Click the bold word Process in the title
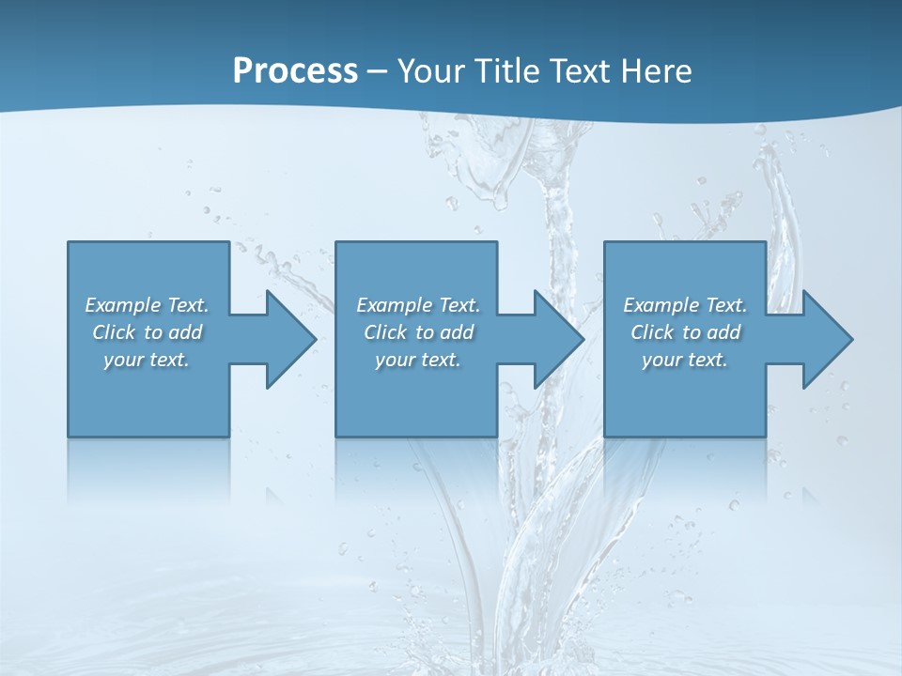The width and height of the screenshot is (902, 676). point(295,70)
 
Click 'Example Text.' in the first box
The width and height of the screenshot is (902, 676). point(147,305)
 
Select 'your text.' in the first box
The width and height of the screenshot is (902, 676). point(147,360)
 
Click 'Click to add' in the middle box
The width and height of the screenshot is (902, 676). point(418,332)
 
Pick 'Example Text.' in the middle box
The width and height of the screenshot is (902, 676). point(418,305)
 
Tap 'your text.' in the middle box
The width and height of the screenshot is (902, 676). point(418,360)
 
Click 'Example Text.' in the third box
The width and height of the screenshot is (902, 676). point(685,305)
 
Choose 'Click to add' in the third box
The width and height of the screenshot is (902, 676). point(685,332)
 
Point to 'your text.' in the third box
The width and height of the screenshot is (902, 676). point(685,360)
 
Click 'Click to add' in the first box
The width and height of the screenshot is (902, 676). point(147,332)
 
